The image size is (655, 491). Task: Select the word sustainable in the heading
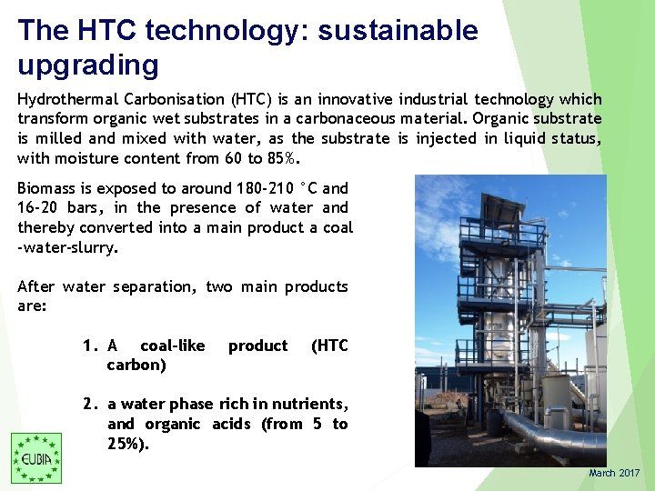pyautogui.click(x=393, y=30)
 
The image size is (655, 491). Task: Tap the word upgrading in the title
pyautogui.click(x=88, y=65)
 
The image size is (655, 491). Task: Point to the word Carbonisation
pyautogui.click(x=184, y=99)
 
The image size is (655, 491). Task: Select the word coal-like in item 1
pyautogui.click(x=172, y=346)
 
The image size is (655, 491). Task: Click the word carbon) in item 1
pyautogui.click(x=136, y=365)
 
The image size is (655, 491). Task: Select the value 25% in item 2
pyautogui.click(x=126, y=444)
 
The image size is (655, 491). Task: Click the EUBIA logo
pyautogui.click(x=36, y=457)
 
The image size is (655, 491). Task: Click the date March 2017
pyautogui.click(x=614, y=473)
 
